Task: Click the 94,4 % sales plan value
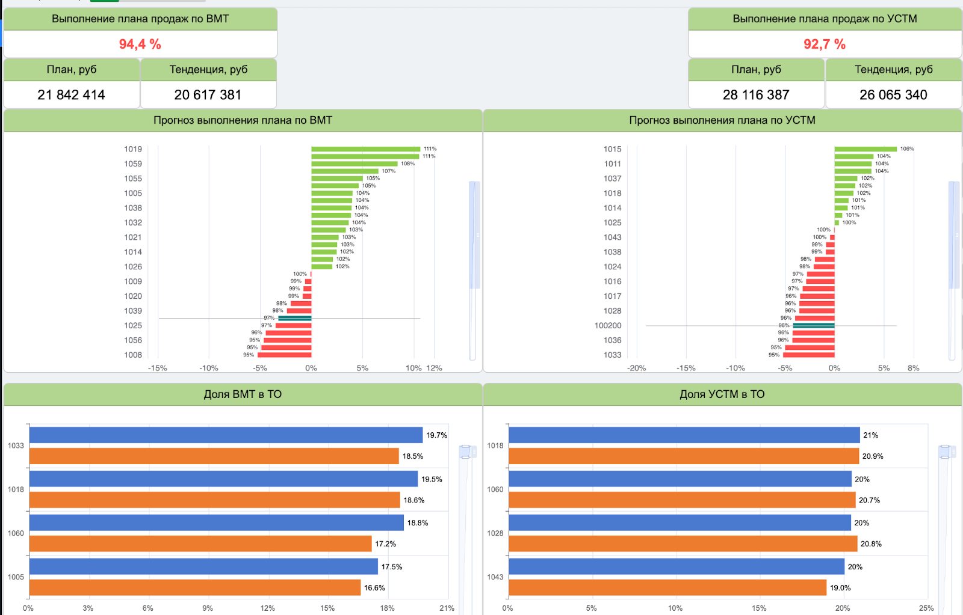coord(140,44)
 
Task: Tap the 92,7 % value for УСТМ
coord(825,44)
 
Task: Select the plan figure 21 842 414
coord(71,95)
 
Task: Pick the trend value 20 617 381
coord(208,95)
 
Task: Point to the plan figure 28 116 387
coord(756,95)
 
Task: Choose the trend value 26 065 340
coord(893,95)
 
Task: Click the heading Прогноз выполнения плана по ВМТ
coord(243,120)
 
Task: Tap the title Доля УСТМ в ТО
coord(722,394)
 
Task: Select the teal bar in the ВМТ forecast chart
coord(295,318)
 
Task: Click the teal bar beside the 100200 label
coord(814,325)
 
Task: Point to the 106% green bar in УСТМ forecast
coord(865,149)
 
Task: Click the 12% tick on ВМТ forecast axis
coord(434,368)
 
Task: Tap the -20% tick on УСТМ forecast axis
coord(637,368)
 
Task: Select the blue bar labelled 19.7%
coord(226,435)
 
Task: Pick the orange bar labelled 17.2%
coord(200,543)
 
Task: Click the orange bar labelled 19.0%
coord(667,587)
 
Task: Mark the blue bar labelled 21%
coord(684,435)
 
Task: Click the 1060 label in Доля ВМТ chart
coord(16,533)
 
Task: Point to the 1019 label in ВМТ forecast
coord(133,149)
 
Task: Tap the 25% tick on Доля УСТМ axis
coord(926,608)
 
